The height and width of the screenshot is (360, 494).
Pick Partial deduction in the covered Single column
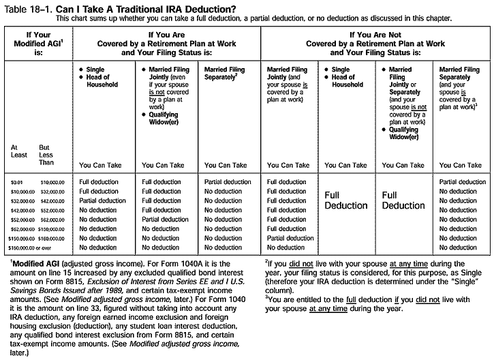102,201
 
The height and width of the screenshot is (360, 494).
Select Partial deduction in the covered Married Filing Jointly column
165,220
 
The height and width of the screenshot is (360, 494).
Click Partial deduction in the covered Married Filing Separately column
228,182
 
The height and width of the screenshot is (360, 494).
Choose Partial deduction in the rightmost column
463,182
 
